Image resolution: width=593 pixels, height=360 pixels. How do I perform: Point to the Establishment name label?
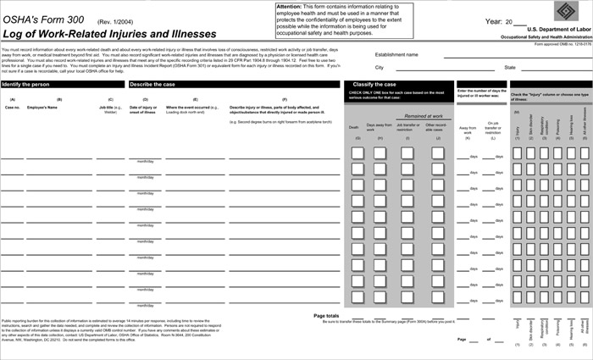click(x=396, y=54)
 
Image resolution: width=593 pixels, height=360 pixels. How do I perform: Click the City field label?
click(x=380, y=67)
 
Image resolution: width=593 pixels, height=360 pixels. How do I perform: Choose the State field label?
click(x=510, y=67)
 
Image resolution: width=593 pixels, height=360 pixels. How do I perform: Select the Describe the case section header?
click(x=152, y=85)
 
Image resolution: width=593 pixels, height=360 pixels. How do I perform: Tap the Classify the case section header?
click(x=374, y=85)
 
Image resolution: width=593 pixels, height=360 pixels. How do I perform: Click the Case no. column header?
click(x=13, y=108)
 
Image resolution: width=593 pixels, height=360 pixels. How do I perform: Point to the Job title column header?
click(x=107, y=108)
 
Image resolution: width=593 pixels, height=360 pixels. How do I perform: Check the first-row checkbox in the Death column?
click(x=357, y=153)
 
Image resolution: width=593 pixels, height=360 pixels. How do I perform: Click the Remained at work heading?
click(x=424, y=115)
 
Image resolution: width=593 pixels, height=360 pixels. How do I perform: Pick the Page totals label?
click(x=326, y=315)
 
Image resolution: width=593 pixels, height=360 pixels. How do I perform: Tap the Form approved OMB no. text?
click(x=557, y=44)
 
